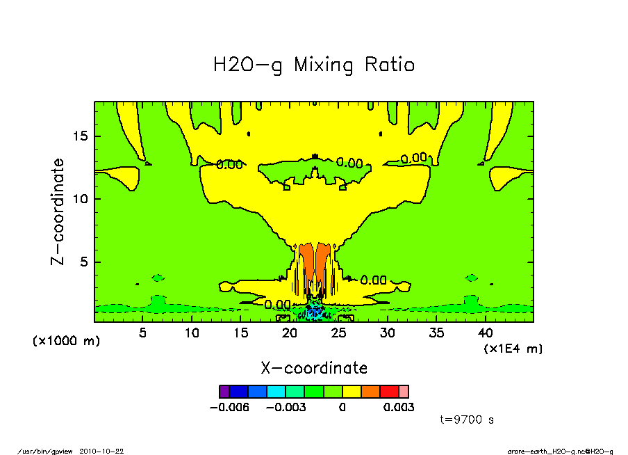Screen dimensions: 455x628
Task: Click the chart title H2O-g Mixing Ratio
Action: pyautogui.click(x=313, y=65)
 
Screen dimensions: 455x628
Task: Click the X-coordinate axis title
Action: pyautogui.click(x=313, y=368)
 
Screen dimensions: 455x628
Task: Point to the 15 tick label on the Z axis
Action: pyautogui.click(x=80, y=136)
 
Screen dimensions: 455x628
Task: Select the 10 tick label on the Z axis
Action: pyautogui.click(x=80, y=199)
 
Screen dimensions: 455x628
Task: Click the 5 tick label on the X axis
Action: pyautogui.click(x=143, y=333)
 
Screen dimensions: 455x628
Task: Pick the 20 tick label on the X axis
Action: pyautogui.click(x=290, y=333)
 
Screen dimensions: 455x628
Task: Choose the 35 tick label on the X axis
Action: pyautogui.click(x=436, y=333)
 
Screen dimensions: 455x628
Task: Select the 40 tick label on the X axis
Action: pyautogui.click(x=486, y=333)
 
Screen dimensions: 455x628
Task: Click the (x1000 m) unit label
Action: pyautogui.click(x=67, y=341)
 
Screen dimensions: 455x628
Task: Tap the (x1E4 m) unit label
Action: pyautogui.click(x=513, y=348)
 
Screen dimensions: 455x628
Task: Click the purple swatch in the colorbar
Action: pyautogui.click(x=224, y=392)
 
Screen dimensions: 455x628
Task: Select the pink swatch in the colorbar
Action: pyautogui.click(x=404, y=392)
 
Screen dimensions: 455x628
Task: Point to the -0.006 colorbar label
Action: pyautogui.click(x=229, y=408)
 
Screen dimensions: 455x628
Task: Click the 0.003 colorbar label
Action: pyautogui.click(x=399, y=408)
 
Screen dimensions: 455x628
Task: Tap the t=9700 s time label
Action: pyautogui.click(x=467, y=420)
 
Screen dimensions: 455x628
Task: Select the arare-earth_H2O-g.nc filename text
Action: pyautogui.click(x=549, y=451)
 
